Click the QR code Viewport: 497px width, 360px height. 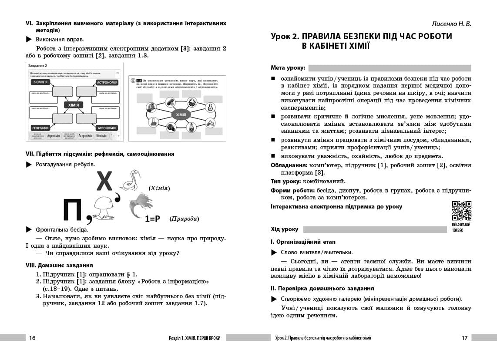461,211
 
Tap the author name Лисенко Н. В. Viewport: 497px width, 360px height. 451,24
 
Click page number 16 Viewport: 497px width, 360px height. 32,338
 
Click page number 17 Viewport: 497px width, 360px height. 464,338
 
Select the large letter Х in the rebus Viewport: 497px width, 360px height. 104,182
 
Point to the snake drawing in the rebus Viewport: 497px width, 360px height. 130,181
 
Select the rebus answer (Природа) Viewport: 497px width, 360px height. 184,219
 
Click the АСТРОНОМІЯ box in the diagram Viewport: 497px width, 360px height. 107,82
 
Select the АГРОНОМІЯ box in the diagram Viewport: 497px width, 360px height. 107,128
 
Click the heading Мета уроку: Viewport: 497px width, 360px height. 288,68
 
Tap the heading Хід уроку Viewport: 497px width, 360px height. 285,229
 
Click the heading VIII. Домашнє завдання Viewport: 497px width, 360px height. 59,265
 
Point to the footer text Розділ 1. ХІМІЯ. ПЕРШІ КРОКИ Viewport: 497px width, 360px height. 195,338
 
